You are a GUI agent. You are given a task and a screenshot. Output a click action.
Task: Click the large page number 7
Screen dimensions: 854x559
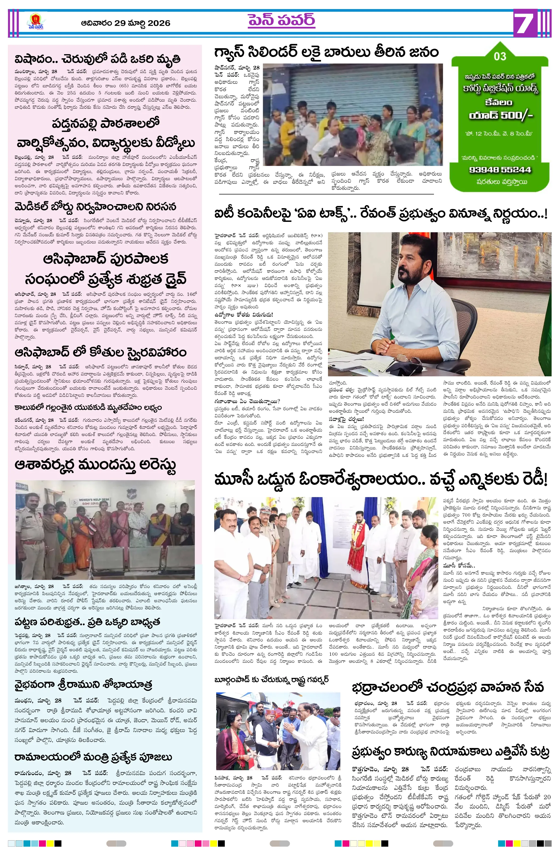[525, 23]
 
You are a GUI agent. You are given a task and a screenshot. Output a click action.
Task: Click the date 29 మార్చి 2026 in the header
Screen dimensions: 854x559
[126, 23]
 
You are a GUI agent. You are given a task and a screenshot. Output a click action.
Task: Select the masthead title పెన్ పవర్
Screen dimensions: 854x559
[281, 21]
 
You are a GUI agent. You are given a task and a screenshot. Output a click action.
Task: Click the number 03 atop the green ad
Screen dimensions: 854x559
[500, 56]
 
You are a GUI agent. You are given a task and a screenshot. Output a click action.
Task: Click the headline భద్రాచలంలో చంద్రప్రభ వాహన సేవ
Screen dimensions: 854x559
[448, 687]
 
